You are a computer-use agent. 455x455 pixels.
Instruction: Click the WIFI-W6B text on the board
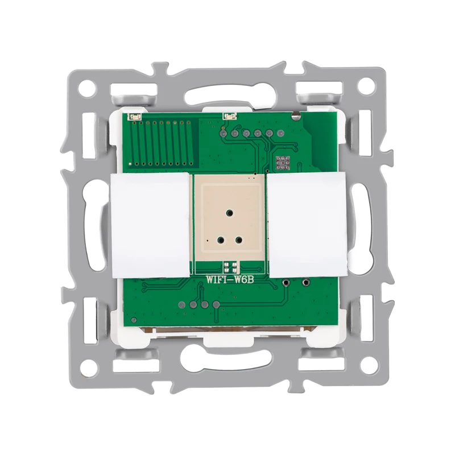tap(229, 280)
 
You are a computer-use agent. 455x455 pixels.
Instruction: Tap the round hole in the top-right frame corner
tap(368, 86)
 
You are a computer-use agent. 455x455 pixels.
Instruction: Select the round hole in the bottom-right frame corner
tap(368, 368)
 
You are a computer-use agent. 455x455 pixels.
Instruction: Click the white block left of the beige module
tap(150, 225)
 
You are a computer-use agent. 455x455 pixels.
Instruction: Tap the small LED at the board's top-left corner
tap(135, 117)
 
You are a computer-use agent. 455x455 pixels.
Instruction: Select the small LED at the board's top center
tap(229, 116)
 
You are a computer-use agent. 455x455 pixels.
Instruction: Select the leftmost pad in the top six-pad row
tap(224, 134)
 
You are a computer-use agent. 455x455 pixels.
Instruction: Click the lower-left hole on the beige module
tap(216, 241)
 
